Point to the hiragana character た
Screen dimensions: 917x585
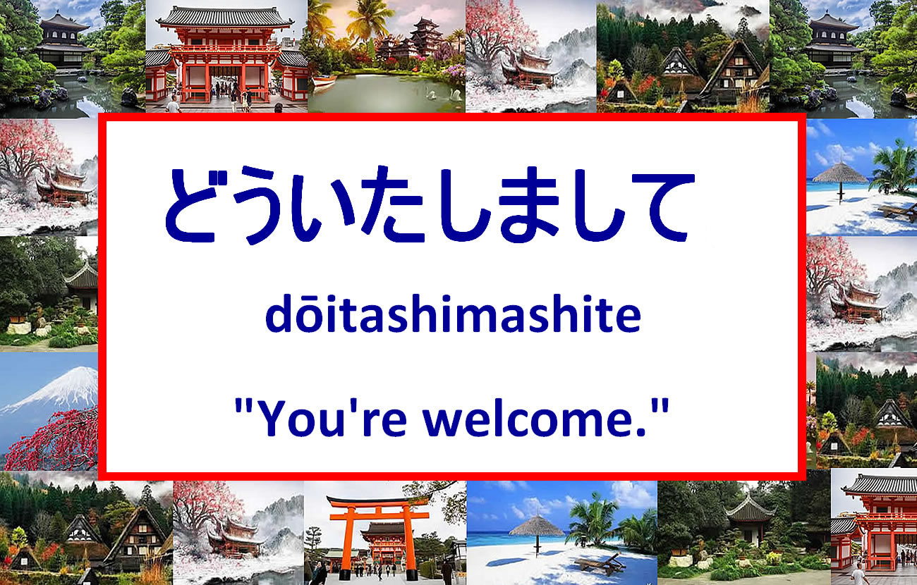tap(391, 204)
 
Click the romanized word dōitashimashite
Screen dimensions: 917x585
tap(453, 313)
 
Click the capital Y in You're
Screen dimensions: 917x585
tap(274, 418)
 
